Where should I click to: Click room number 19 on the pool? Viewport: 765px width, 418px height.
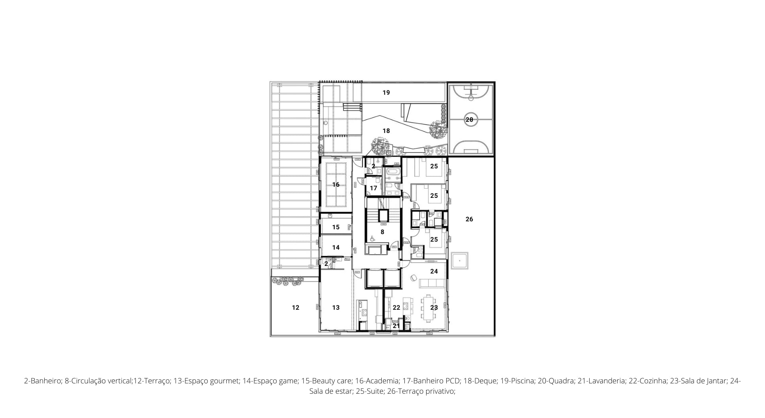(x=386, y=93)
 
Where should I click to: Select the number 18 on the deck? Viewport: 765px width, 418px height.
(x=386, y=131)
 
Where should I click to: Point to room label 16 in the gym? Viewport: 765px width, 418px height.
(x=336, y=185)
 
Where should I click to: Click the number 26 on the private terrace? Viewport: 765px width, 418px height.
(x=469, y=219)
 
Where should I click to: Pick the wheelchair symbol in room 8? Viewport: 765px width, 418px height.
(x=373, y=239)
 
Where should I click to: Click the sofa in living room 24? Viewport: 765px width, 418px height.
(x=432, y=283)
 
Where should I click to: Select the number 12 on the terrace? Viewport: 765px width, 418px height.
(x=296, y=308)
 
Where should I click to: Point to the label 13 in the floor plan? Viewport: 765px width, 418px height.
(x=336, y=308)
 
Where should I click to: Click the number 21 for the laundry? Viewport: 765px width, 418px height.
(x=396, y=326)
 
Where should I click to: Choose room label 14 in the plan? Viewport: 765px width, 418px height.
(x=336, y=248)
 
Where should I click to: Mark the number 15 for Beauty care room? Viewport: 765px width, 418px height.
(x=336, y=227)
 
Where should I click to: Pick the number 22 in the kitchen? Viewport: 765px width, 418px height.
(x=396, y=308)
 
